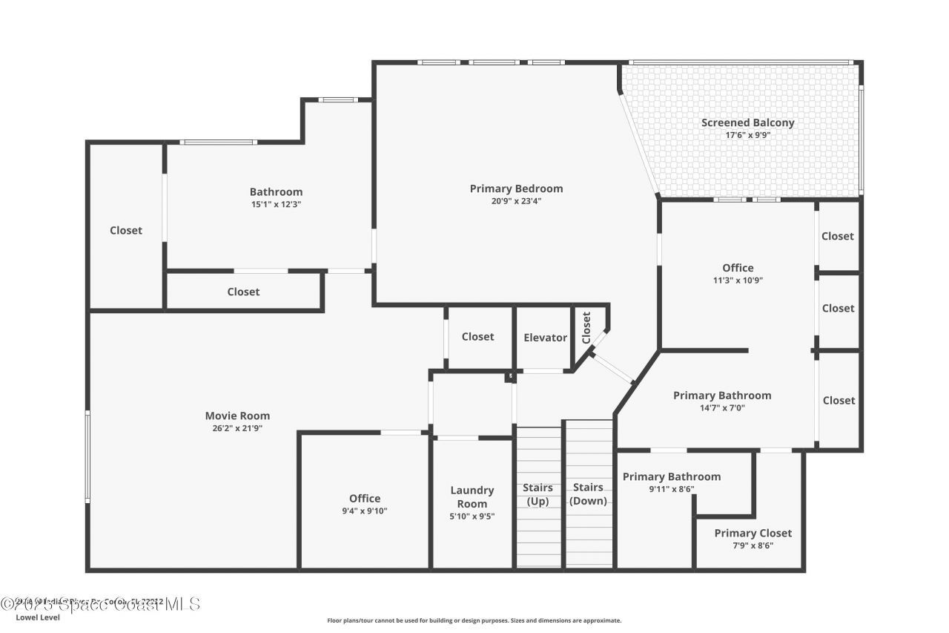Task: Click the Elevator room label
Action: [545, 338]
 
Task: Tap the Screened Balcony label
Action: [747, 123]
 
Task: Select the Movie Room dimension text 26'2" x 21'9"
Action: [237, 428]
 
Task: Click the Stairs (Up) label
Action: [538, 494]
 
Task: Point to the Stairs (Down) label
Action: [588, 494]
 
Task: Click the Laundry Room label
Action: [472, 497]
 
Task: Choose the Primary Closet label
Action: [753, 534]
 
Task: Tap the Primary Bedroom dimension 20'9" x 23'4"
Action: [516, 200]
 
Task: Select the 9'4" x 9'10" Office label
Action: [365, 511]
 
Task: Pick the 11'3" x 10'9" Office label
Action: [738, 281]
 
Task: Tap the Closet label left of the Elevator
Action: [477, 337]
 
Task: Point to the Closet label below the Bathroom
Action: [243, 292]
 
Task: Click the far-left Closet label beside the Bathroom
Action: [126, 231]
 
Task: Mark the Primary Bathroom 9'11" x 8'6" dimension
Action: [671, 490]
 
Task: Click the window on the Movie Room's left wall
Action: [87, 456]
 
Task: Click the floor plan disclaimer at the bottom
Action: [474, 620]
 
